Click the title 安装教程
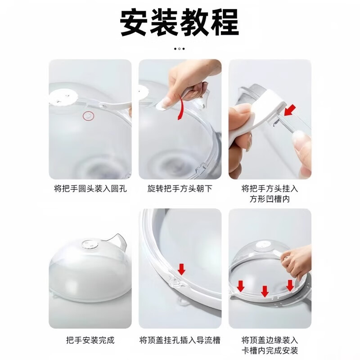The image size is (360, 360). coord(180,22)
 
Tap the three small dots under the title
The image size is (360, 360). coord(180,48)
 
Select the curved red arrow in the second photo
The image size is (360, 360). coord(180,110)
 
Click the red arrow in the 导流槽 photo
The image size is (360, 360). coord(181,269)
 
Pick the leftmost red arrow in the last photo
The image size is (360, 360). coord(241,285)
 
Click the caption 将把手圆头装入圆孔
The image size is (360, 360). coord(90,189)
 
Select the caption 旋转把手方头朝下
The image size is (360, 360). coord(180,189)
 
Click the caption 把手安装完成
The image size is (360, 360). coord(90,340)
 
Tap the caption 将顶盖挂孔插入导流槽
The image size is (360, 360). coord(180,340)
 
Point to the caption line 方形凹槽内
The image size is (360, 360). coord(270,199)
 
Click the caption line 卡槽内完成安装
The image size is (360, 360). coord(270,350)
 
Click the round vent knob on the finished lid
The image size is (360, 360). coord(87,245)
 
